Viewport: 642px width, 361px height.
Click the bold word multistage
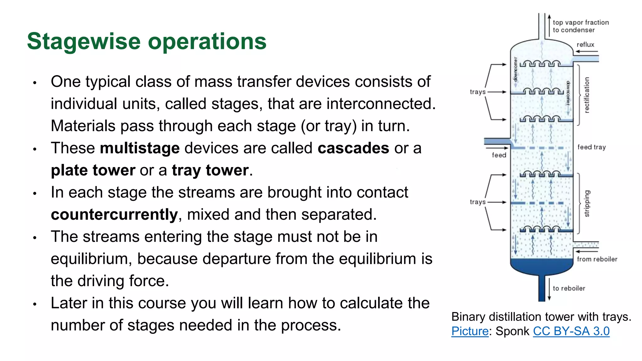pyautogui.click(x=140, y=148)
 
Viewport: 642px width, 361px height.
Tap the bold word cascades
pyautogui.click(x=353, y=148)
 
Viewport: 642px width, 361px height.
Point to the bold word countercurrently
pyautogui.click(x=114, y=215)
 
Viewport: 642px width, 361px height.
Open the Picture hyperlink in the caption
pyautogui.click(x=470, y=331)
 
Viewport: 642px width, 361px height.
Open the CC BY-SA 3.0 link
pyautogui.click(x=571, y=331)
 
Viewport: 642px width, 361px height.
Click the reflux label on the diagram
pyautogui.click(x=585, y=45)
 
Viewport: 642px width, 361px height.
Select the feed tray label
pyautogui.click(x=592, y=147)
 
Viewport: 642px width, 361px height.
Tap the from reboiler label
pyautogui.click(x=597, y=259)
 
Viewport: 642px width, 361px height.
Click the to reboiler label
pyautogui.click(x=569, y=288)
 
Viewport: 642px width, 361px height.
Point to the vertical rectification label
pyautogui.click(x=587, y=95)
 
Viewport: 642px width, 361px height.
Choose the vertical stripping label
pyautogui.click(x=587, y=203)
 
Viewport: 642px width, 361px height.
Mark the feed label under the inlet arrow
pyautogui.click(x=499, y=155)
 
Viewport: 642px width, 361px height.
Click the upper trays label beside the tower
pyautogui.click(x=477, y=92)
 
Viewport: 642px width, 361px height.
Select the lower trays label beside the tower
pyautogui.click(x=477, y=202)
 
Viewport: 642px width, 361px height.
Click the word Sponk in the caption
pyautogui.click(x=512, y=331)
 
